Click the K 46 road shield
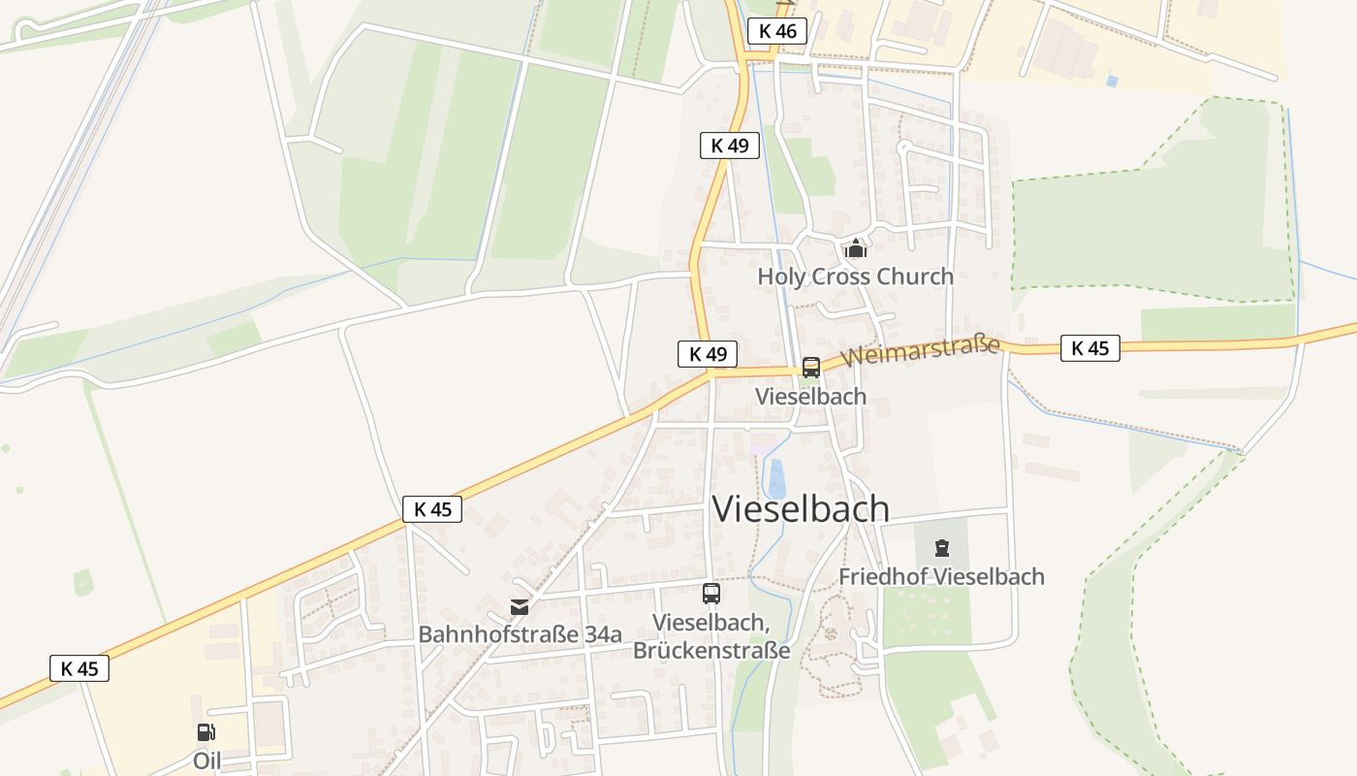[776, 31]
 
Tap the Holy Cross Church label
[855, 276]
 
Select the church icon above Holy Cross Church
[855, 249]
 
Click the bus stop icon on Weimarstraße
[811, 368]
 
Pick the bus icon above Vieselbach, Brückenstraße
[711, 594]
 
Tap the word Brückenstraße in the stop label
[711, 651]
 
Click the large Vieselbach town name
[801, 508]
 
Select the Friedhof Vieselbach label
[941, 576]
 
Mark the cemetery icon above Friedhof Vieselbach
[941, 549]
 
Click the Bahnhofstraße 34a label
[520, 635]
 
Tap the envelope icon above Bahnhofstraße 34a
[520, 607]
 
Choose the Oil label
[206, 760]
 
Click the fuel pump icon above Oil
[206, 732]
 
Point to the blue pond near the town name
[776, 479]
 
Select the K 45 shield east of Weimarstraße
[1090, 348]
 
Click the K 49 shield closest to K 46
[729, 145]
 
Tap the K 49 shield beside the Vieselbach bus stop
[708, 354]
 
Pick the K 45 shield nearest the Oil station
[79, 668]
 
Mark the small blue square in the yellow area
[1111, 81]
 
